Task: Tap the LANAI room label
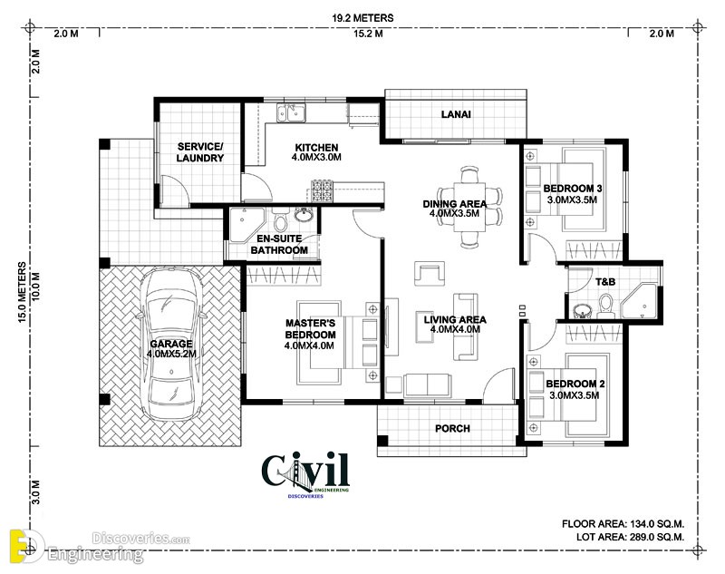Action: [x=456, y=113]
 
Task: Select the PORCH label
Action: [x=452, y=429]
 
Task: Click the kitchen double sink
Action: [x=291, y=112]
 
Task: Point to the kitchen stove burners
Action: [x=322, y=190]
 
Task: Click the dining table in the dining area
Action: [x=469, y=207]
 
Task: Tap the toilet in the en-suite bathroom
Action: [x=280, y=220]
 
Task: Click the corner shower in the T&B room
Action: [x=640, y=302]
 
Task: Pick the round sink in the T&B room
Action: [x=581, y=310]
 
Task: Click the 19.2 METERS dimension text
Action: [x=363, y=18]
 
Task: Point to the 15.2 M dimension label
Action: [x=368, y=34]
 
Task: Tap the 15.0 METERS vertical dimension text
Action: [x=22, y=292]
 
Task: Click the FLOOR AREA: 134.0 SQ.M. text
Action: [x=623, y=524]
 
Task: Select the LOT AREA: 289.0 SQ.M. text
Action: [x=630, y=537]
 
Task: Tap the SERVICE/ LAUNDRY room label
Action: [x=200, y=152]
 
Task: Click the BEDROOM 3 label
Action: [x=573, y=189]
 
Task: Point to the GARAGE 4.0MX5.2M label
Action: [x=171, y=349]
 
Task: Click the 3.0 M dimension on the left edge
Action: [x=36, y=492]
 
